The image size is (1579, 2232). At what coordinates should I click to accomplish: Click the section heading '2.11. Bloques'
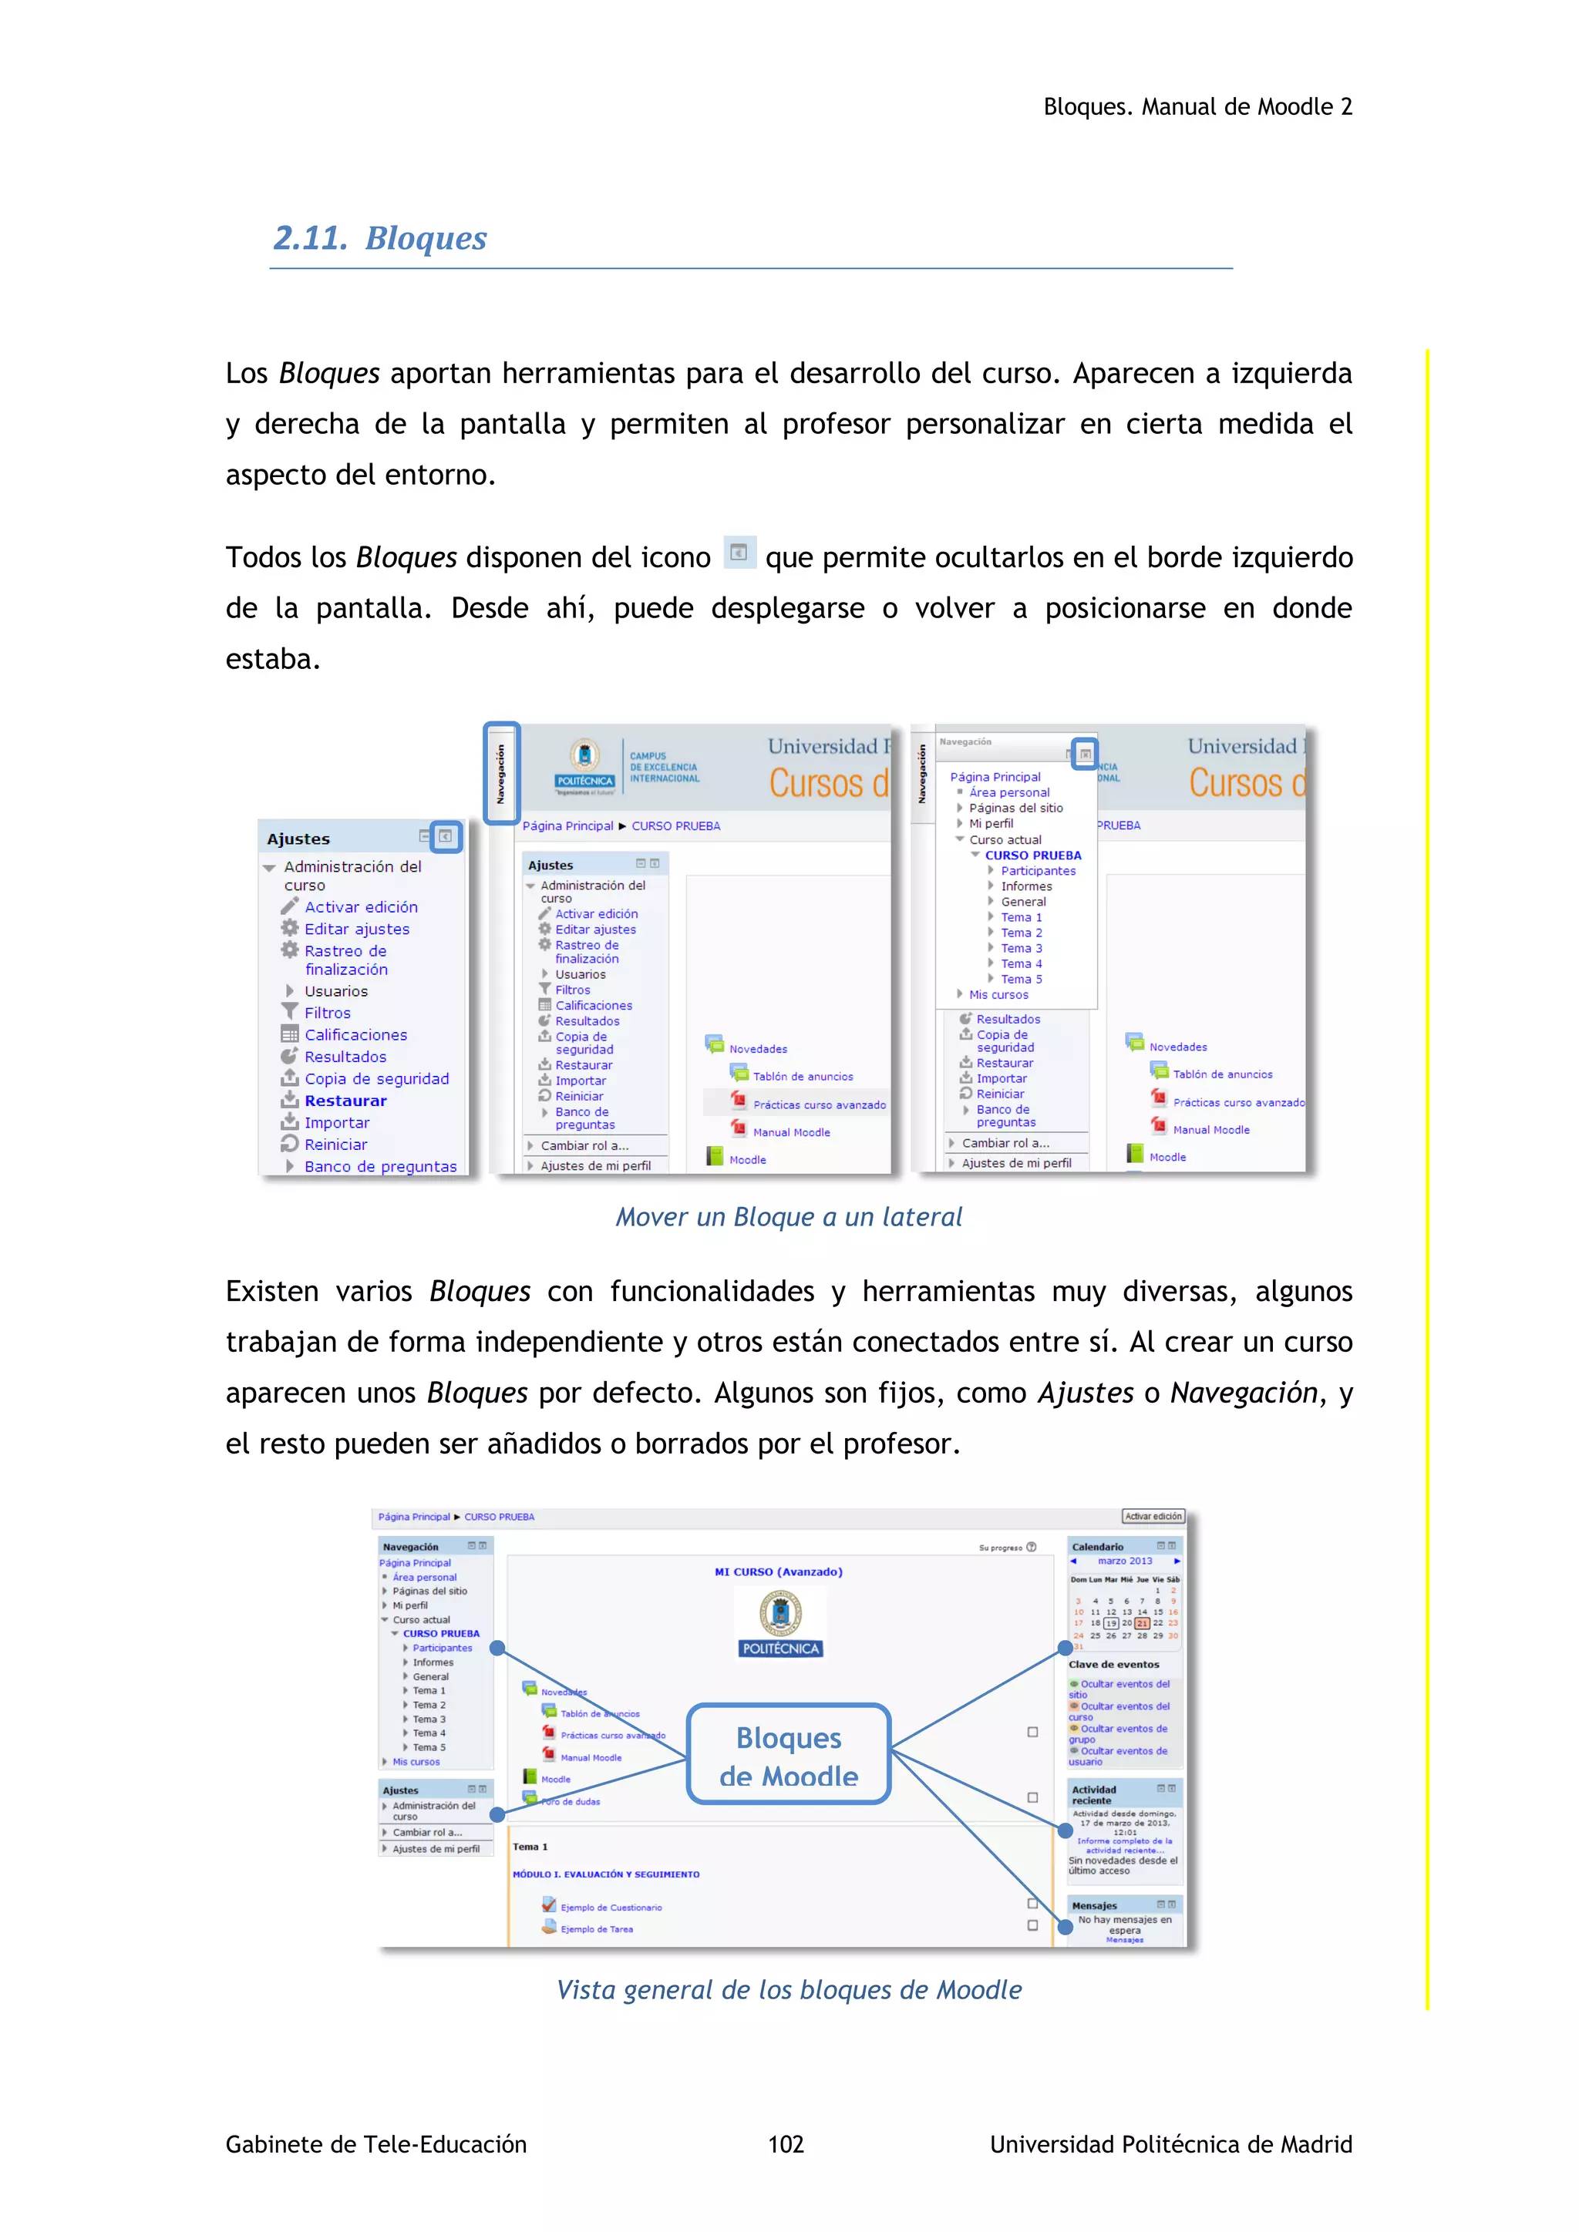pos(380,238)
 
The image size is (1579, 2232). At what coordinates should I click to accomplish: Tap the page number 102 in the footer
pos(786,2143)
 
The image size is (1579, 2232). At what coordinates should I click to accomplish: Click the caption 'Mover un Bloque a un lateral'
pos(789,1217)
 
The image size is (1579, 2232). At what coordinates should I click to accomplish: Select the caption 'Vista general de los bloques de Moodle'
pos(789,1990)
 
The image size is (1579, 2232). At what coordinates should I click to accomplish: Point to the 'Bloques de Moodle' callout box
pos(789,1756)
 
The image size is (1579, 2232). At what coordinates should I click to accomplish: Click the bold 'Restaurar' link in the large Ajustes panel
pos(345,1101)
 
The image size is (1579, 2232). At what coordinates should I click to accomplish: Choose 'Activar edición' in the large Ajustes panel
pos(361,907)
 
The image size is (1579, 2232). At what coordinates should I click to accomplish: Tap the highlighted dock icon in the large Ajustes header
pos(446,836)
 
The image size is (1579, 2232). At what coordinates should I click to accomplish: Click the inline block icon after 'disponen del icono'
pos(739,552)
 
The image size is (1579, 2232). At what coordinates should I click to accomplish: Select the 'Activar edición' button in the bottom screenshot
pos(1153,1517)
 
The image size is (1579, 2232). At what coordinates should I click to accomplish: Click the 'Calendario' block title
pos(1098,1547)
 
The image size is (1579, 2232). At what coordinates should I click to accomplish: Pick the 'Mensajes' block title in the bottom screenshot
pos(1094,1905)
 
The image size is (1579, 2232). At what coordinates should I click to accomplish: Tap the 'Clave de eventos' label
pos(1113,1664)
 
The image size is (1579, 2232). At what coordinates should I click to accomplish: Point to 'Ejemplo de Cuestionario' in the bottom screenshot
pos(611,1908)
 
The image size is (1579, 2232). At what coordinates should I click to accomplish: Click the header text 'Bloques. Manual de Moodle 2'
pos(1197,107)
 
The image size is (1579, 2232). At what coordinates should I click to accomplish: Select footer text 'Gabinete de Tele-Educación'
pos(376,2143)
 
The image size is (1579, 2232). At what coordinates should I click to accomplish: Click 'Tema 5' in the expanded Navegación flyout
pos(1021,979)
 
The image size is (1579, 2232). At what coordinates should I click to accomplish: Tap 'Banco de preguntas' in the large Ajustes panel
pos(380,1167)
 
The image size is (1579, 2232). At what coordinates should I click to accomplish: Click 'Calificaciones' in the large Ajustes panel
pos(356,1035)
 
